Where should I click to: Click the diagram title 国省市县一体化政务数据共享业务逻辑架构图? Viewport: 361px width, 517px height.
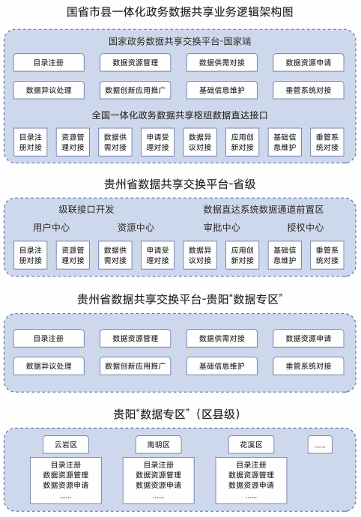pyautogui.click(x=180, y=12)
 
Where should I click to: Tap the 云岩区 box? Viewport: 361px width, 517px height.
pyautogui.click(x=66, y=444)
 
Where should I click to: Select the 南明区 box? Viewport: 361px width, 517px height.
pyautogui.click(x=159, y=444)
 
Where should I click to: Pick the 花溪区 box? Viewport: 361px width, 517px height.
pyautogui.click(x=251, y=444)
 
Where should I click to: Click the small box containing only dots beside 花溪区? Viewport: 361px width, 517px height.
pyautogui.click(x=320, y=444)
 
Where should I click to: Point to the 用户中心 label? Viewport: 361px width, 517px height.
pyautogui.click(x=52, y=227)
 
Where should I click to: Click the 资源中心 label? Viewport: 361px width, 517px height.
pyautogui.click(x=136, y=227)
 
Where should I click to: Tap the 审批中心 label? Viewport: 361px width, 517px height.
pyautogui.click(x=222, y=227)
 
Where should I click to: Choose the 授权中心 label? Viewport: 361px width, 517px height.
pyautogui.click(x=306, y=227)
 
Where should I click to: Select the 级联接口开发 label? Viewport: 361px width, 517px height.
pyautogui.click(x=86, y=209)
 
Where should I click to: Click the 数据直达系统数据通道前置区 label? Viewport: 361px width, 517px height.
pyautogui.click(x=264, y=209)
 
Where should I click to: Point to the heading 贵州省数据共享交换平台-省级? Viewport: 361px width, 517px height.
pyautogui.click(x=180, y=184)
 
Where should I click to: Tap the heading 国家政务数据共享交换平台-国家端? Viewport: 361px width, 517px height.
pyautogui.click(x=180, y=41)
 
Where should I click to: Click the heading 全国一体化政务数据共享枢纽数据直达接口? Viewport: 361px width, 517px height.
pyautogui.click(x=180, y=115)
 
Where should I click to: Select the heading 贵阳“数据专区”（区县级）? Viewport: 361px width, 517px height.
pyautogui.click(x=178, y=414)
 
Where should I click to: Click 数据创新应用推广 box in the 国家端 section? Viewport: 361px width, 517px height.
pyautogui.click(x=135, y=90)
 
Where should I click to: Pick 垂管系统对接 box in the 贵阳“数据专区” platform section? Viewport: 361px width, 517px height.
pyautogui.click(x=309, y=366)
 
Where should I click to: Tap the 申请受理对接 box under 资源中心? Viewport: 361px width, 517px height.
pyautogui.click(x=157, y=256)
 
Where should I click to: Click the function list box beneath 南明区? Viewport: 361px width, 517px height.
pyautogui.click(x=159, y=480)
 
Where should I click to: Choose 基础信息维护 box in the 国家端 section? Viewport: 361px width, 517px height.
pyautogui.click(x=222, y=90)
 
